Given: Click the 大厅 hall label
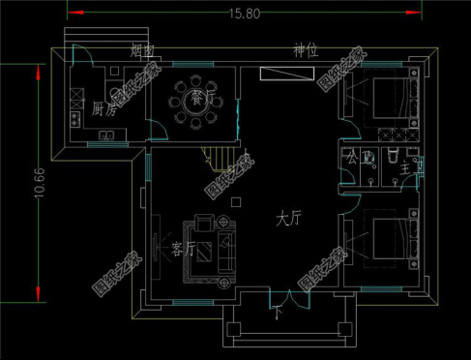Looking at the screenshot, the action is [x=288, y=220].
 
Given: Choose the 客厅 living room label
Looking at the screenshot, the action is [x=183, y=249].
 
